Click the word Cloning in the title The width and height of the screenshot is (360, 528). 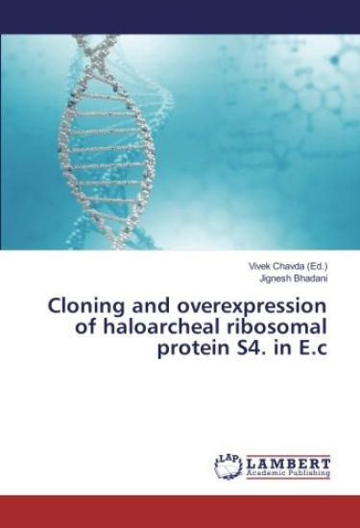click(x=85, y=307)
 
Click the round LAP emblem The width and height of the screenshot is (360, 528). click(x=228, y=465)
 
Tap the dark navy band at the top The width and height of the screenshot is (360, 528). click(x=180, y=16)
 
